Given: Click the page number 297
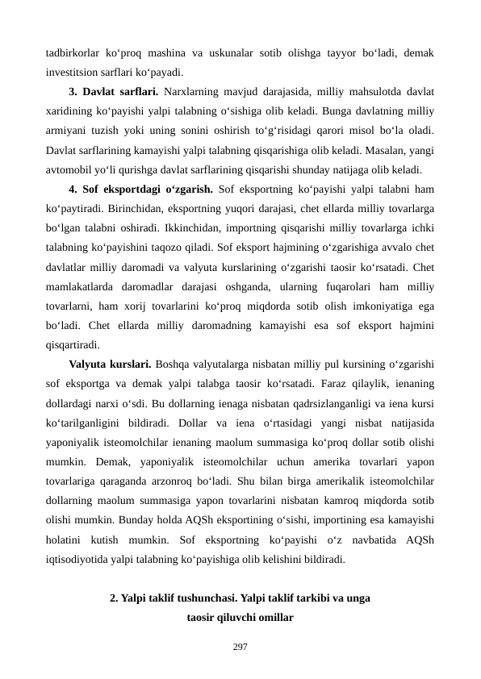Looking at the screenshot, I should [240, 647].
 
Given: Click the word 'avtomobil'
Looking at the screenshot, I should [70, 170].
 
